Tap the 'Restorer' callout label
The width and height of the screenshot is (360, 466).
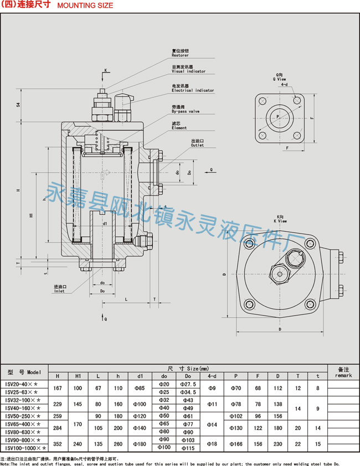pyautogui.click(x=180, y=55)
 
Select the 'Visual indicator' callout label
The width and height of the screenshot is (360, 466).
pyautogui.click(x=188, y=71)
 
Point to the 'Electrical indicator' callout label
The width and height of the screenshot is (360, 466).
pyautogui.click(x=192, y=90)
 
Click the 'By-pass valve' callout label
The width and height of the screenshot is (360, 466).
pyautogui.click(x=185, y=111)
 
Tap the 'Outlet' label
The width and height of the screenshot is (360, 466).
pyautogui.click(x=197, y=145)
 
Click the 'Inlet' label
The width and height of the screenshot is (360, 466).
pyautogui.click(x=59, y=291)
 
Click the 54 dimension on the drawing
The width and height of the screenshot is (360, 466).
pyautogui.click(x=18, y=105)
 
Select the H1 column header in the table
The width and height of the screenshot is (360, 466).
pyautogui.click(x=78, y=376)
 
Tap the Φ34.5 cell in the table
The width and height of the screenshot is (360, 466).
pyautogui.click(x=188, y=392)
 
